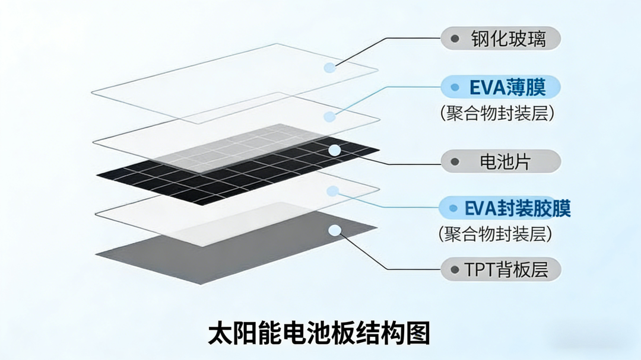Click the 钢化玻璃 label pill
click(501, 39)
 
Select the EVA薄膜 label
click(501, 88)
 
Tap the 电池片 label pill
click(501, 161)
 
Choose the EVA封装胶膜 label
click(504, 209)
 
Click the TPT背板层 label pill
click(501, 270)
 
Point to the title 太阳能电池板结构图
click(319, 333)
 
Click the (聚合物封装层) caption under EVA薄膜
click(497, 113)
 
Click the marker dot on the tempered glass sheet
click(329, 68)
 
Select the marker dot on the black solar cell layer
click(335, 150)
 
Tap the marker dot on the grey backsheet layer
click(335, 230)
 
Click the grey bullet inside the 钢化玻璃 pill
click(455, 39)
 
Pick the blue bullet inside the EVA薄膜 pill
click(455, 88)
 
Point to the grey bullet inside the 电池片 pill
click(455, 161)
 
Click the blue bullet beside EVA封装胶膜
click(453, 209)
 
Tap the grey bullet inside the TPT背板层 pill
click(455, 270)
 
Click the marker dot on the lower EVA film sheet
click(333, 191)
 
